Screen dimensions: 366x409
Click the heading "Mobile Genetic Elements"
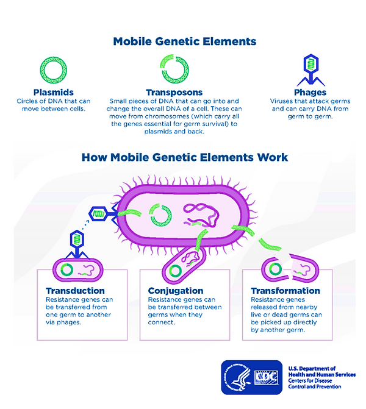185,41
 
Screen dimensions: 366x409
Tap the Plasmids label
54,92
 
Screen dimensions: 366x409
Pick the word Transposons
174,92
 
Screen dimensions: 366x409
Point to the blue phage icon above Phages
311,70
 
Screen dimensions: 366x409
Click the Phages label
310,92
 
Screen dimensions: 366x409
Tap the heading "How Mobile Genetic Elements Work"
185,157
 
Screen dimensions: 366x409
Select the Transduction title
76,291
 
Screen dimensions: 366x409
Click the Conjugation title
176,291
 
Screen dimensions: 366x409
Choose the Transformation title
285,291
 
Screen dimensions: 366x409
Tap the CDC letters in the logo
267,377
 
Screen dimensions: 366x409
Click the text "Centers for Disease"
310,380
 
